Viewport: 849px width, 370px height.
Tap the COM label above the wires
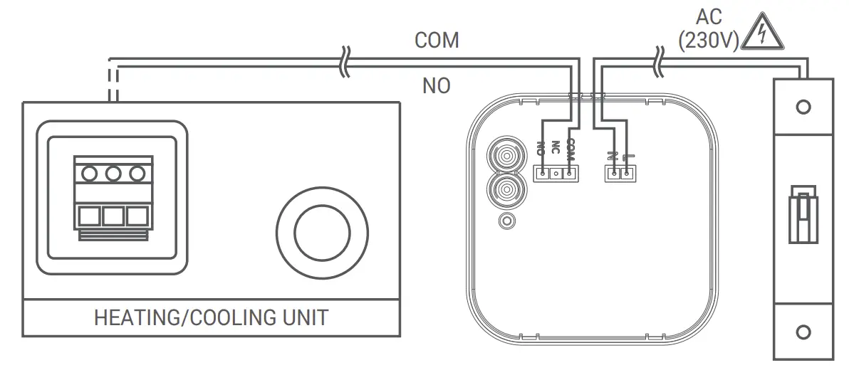[x=437, y=41]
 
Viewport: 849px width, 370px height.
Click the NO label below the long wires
[x=436, y=86]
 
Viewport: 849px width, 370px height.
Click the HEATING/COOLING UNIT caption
[x=211, y=317]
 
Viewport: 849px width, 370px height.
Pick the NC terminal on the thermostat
[x=556, y=172]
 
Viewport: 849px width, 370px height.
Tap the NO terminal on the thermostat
[x=543, y=172]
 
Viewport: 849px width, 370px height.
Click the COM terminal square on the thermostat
[x=569, y=172]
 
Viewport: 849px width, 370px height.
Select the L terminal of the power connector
[x=626, y=172]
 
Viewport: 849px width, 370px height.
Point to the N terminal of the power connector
[x=613, y=172]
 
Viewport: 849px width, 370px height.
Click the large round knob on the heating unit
[x=323, y=233]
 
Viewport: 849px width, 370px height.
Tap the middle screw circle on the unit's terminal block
[x=113, y=173]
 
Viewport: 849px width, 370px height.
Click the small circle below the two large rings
[x=506, y=221]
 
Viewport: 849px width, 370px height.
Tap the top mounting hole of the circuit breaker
[x=803, y=107]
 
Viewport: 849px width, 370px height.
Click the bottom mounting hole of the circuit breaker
[x=803, y=332]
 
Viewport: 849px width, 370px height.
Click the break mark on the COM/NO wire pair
[x=345, y=63]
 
